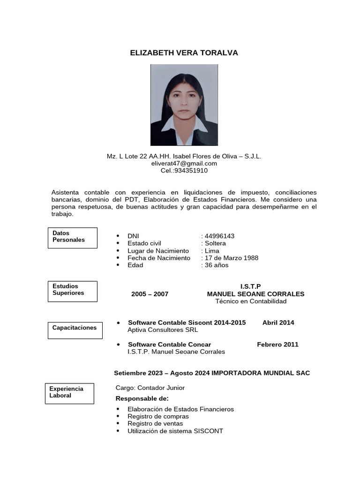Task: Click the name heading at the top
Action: (184, 53)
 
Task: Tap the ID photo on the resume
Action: (184, 105)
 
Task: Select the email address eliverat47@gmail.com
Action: (184, 163)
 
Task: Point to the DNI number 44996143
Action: (219, 236)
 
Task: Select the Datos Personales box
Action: (73, 238)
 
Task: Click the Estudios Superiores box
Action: (73, 291)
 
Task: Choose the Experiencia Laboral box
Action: (70, 393)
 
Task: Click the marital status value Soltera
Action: (215, 243)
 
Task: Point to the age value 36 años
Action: (217, 265)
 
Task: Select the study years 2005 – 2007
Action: (150, 294)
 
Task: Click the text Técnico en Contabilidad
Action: (251, 301)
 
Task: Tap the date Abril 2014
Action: (278, 322)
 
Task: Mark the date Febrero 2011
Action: (277, 345)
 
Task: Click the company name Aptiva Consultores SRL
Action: (163, 330)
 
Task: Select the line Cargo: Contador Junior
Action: (150, 388)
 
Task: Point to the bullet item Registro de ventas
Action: (155, 423)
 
